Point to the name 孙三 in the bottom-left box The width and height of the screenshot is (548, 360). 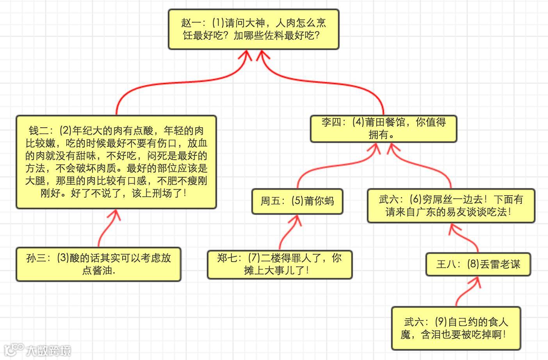[x=36, y=258]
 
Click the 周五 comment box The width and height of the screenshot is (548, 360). [x=297, y=201]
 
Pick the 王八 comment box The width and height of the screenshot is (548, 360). [x=478, y=264]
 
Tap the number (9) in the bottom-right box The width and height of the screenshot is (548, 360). [x=441, y=322]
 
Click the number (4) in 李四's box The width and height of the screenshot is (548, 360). [x=358, y=122]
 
